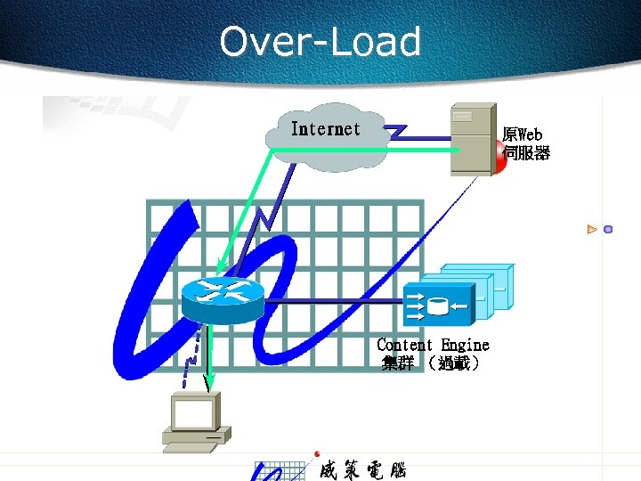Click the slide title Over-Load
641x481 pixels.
(320, 42)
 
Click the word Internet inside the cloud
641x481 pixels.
(326, 129)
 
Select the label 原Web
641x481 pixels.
(523, 135)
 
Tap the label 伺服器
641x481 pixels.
(526, 153)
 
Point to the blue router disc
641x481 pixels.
(223, 298)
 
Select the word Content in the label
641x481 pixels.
(405, 345)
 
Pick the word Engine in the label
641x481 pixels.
(465, 345)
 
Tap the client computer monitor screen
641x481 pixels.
(194, 413)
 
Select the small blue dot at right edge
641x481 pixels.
(608, 229)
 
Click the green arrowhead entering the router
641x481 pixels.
(219, 268)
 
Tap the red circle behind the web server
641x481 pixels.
(500, 159)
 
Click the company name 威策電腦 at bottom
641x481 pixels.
(362, 469)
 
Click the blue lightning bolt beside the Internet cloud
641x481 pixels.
(396, 132)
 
